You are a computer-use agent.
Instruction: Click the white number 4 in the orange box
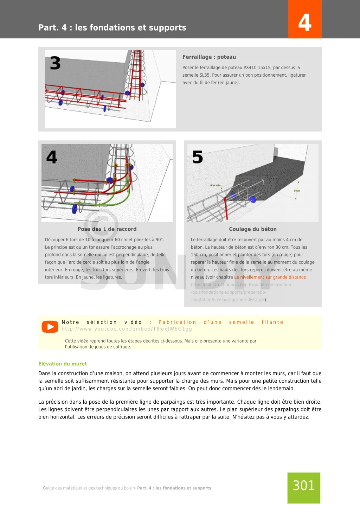coord(305,23)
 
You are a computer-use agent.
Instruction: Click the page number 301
coord(304,486)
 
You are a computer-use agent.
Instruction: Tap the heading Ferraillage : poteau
coord(209,57)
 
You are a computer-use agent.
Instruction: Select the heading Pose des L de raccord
coord(107,229)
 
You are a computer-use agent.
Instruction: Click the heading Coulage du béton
coord(253,229)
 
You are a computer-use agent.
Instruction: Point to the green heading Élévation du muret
coord(63,364)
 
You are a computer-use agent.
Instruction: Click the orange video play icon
coord(50,327)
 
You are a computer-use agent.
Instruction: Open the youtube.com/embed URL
coord(127,329)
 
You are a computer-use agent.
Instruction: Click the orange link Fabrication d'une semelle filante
coord(221,322)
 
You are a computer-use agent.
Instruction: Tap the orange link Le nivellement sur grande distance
coord(270,277)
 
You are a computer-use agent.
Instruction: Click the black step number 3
coord(55,64)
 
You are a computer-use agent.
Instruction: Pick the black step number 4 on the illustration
coord(52,157)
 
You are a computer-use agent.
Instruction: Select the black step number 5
coord(198,157)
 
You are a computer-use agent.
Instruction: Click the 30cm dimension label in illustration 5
coord(297,191)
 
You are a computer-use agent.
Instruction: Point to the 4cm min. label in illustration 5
coord(216,185)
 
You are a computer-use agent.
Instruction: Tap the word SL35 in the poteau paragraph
coord(204,75)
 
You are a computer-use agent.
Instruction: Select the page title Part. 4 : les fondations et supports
coord(112,27)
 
